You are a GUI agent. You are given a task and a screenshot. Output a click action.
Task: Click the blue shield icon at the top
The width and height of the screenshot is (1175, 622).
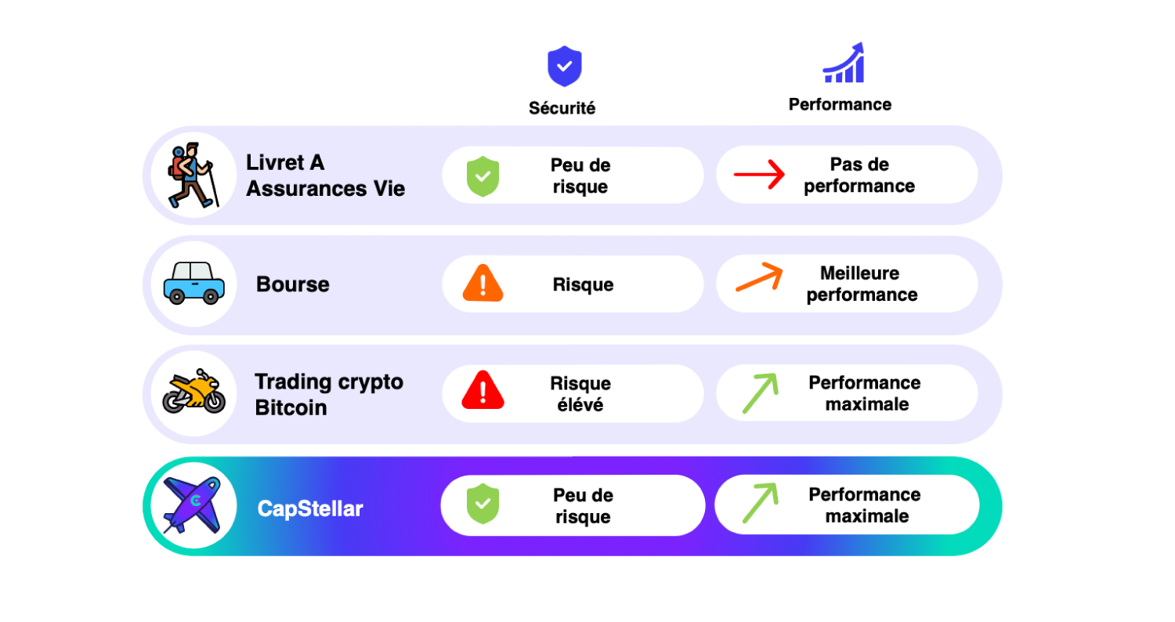[x=564, y=66]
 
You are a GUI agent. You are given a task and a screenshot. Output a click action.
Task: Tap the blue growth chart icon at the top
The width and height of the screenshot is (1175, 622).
[x=844, y=63]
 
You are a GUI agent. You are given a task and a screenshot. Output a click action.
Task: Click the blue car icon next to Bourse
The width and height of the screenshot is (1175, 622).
[x=193, y=284]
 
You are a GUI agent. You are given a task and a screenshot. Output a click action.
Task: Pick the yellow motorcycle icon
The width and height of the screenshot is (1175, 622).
[x=193, y=392]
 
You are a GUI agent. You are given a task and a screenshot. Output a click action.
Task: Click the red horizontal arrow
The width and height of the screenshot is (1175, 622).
[x=759, y=175]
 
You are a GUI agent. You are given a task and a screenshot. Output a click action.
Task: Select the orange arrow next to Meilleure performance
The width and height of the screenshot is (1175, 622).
[x=759, y=278]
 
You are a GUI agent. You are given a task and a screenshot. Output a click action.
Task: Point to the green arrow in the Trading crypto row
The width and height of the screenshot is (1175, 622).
[x=760, y=392]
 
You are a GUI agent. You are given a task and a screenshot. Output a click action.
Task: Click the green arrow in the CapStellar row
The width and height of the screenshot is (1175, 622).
[x=760, y=504]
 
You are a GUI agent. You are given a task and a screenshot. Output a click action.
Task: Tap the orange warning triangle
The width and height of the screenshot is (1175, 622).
[x=483, y=284]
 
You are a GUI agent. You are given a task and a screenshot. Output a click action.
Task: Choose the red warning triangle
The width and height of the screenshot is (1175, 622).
[x=483, y=390]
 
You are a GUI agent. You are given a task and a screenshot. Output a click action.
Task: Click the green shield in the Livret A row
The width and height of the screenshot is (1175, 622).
[x=483, y=175]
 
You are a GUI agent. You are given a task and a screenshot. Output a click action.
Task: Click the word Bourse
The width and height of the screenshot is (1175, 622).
[x=293, y=284]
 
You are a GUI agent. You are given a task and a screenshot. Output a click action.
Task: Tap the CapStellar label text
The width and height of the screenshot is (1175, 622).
[x=310, y=509]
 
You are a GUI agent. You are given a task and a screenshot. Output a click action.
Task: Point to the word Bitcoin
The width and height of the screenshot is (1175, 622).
[x=291, y=407]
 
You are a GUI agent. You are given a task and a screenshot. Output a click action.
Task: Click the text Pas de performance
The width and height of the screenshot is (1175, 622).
[x=859, y=175]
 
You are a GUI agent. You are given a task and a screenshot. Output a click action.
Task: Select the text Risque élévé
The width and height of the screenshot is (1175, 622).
[x=580, y=394]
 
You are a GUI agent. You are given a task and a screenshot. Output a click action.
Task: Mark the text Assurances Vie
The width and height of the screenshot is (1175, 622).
[x=326, y=188]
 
